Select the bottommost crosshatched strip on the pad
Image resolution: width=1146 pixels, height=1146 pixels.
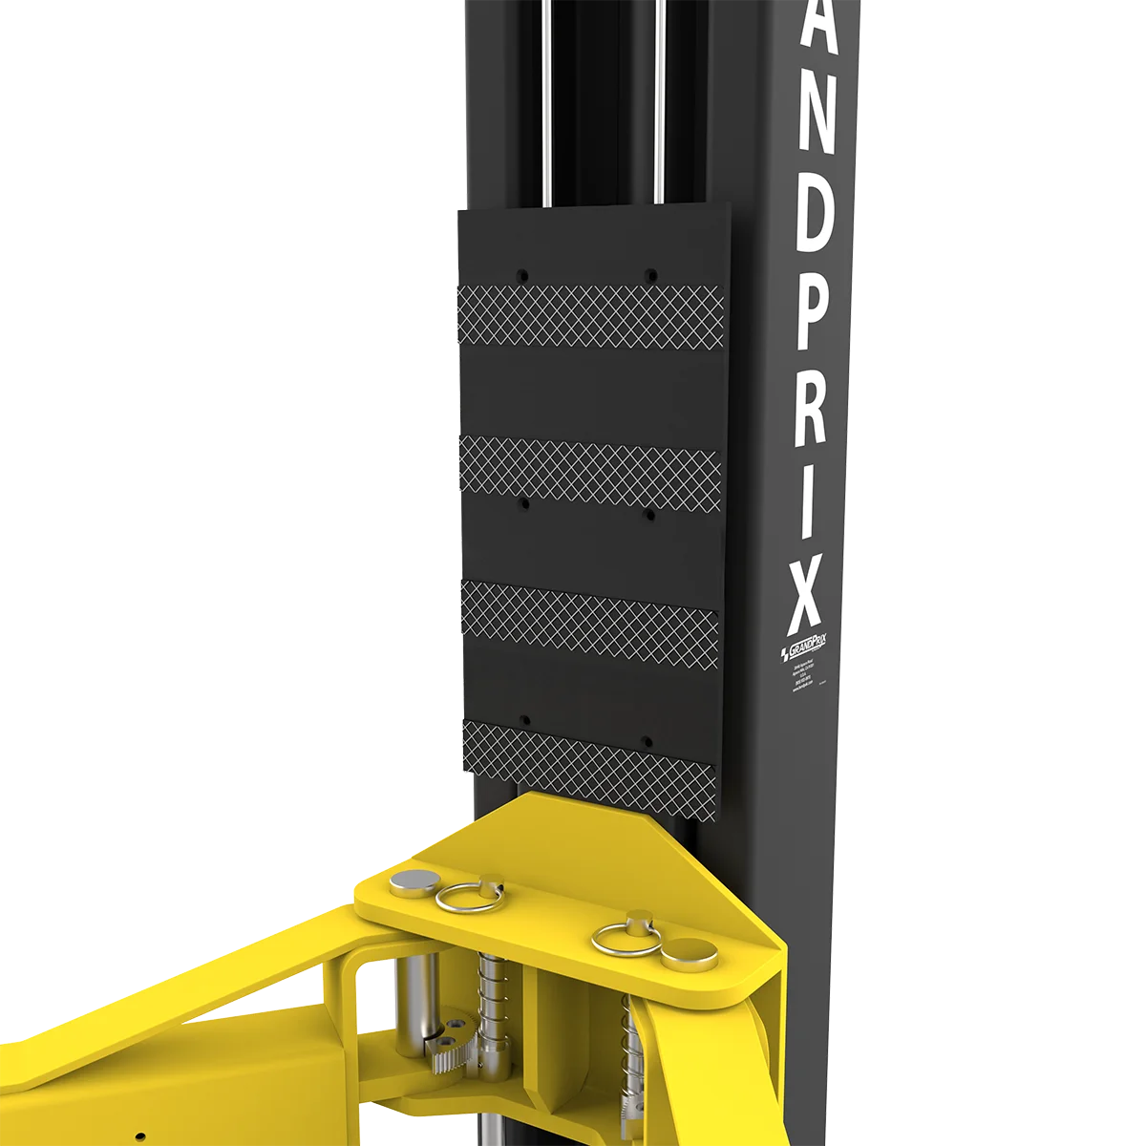pyautogui.click(x=592, y=749)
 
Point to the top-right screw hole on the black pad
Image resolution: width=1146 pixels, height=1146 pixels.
pyautogui.click(x=649, y=274)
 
